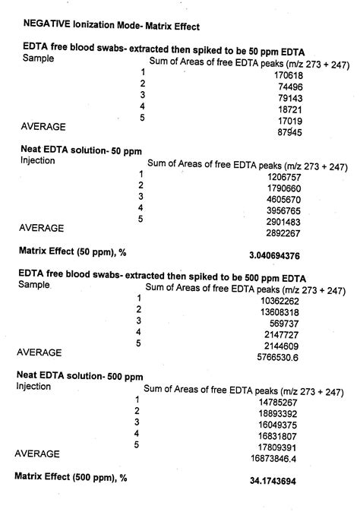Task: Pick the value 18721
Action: [x=289, y=109]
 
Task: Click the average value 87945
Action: [x=288, y=132]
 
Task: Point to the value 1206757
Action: [x=282, y=175]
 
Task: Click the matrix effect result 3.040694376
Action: [x=284, y=255]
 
